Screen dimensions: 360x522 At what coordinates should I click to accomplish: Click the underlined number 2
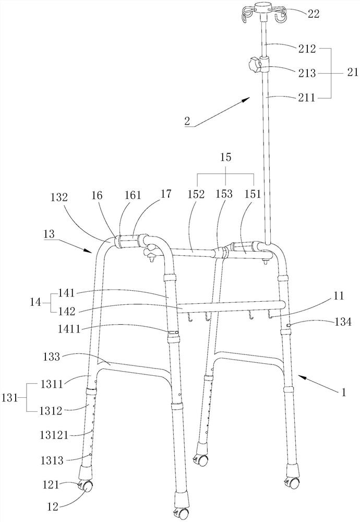point(187,121)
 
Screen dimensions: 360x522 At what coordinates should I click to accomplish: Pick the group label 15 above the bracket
point(226,158)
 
